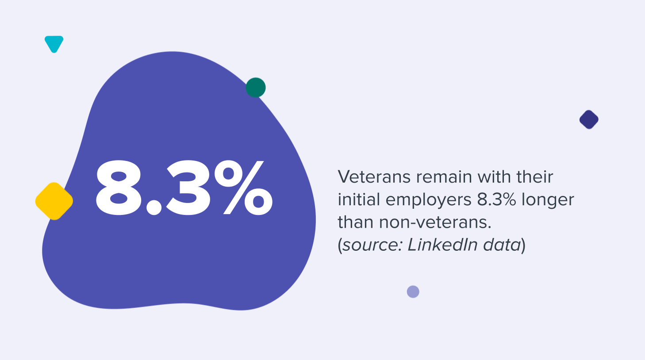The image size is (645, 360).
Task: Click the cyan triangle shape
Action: (x=54, y=43)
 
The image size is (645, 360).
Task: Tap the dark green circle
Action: (x=256, y=88)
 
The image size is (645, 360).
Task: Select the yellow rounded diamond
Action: (x=54, y=201)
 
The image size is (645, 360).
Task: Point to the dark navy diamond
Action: (x=589, y=119)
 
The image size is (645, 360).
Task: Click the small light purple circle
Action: (x=413, y=292)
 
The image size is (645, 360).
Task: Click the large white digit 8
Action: (x=119, y=188)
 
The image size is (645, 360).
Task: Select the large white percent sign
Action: (x=243, y=188)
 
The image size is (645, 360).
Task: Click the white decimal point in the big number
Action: (x=154, y=207)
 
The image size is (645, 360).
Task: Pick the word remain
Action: (x=444, y=177)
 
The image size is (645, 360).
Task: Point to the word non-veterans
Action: (x=435, y=222)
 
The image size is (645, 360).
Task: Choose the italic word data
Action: (x=502, y=245)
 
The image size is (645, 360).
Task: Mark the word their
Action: (x=535, y=177)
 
